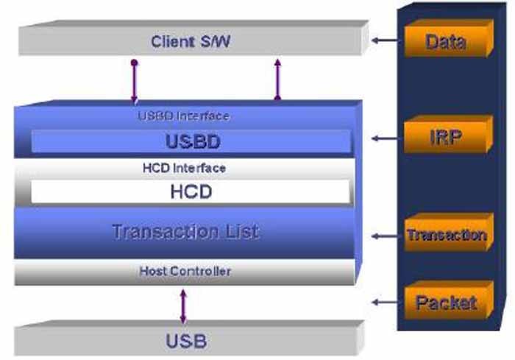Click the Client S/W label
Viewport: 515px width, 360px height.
point(191,41)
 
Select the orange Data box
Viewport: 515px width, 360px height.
point(444,40)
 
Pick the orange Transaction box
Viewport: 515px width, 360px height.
point(446,236)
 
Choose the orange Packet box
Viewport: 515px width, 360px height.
point(445,302)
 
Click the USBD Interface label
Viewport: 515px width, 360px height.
point(183,116)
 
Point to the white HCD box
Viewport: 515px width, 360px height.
point(190,192)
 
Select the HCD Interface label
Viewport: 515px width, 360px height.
point(183,168)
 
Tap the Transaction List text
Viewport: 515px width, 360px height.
point(185,232)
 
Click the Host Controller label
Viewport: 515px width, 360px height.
point(185,272)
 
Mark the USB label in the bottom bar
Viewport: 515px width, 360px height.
point(186,341)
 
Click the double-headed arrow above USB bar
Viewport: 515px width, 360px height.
point(183,306)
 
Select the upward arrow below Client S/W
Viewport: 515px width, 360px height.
point(277,78)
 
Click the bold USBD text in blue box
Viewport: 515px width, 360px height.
point(190,141)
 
